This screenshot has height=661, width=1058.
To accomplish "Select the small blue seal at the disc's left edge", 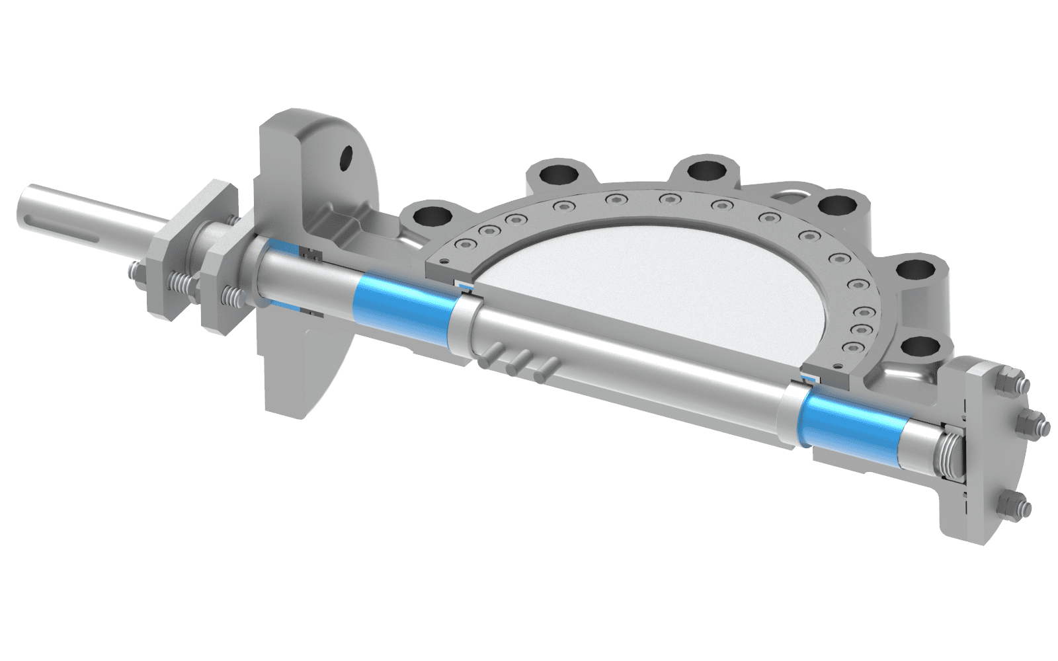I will point(466,286).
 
